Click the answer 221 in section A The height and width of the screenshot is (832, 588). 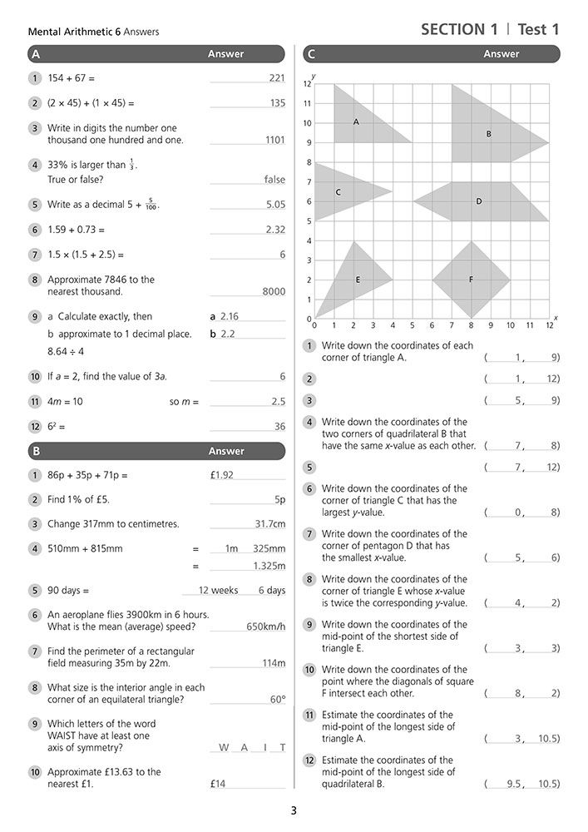point(277,78)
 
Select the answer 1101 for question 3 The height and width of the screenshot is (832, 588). point(274,141)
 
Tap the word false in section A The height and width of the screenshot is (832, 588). point(274,180)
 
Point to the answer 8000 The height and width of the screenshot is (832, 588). point(273,292)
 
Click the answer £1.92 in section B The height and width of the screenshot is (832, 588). point(222,475)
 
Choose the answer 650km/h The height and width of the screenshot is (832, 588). point(265,626)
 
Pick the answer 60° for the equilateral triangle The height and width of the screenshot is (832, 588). point(277,700)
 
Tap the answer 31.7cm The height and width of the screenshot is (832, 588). point(269,524)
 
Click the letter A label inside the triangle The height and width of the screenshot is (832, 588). point(356,122)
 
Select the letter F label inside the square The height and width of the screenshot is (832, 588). point(471,280)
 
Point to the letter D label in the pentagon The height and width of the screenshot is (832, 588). point(479,201)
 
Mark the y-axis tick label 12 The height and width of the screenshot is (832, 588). point(307,84)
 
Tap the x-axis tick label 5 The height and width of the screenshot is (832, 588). point(412,325)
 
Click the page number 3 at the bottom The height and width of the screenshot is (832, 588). point(294,811)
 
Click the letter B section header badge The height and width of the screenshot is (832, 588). point(35,452)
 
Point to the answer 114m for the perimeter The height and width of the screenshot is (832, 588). point(273,663)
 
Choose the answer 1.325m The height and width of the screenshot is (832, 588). point(269,567)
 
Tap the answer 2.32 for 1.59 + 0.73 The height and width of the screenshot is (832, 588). point(275,230)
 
